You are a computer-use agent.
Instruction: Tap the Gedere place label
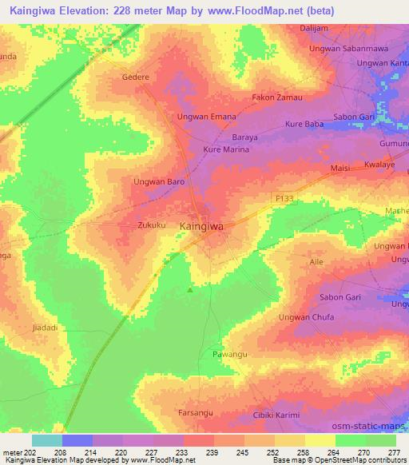click(x=134, y=78)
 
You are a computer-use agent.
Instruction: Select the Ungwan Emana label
click(x=206, y=117)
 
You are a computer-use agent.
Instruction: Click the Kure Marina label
click(x=228, y=149)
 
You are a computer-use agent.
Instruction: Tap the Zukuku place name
click(x=151, y=225)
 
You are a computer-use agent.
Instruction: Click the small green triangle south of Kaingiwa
click(x=189, y=290)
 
